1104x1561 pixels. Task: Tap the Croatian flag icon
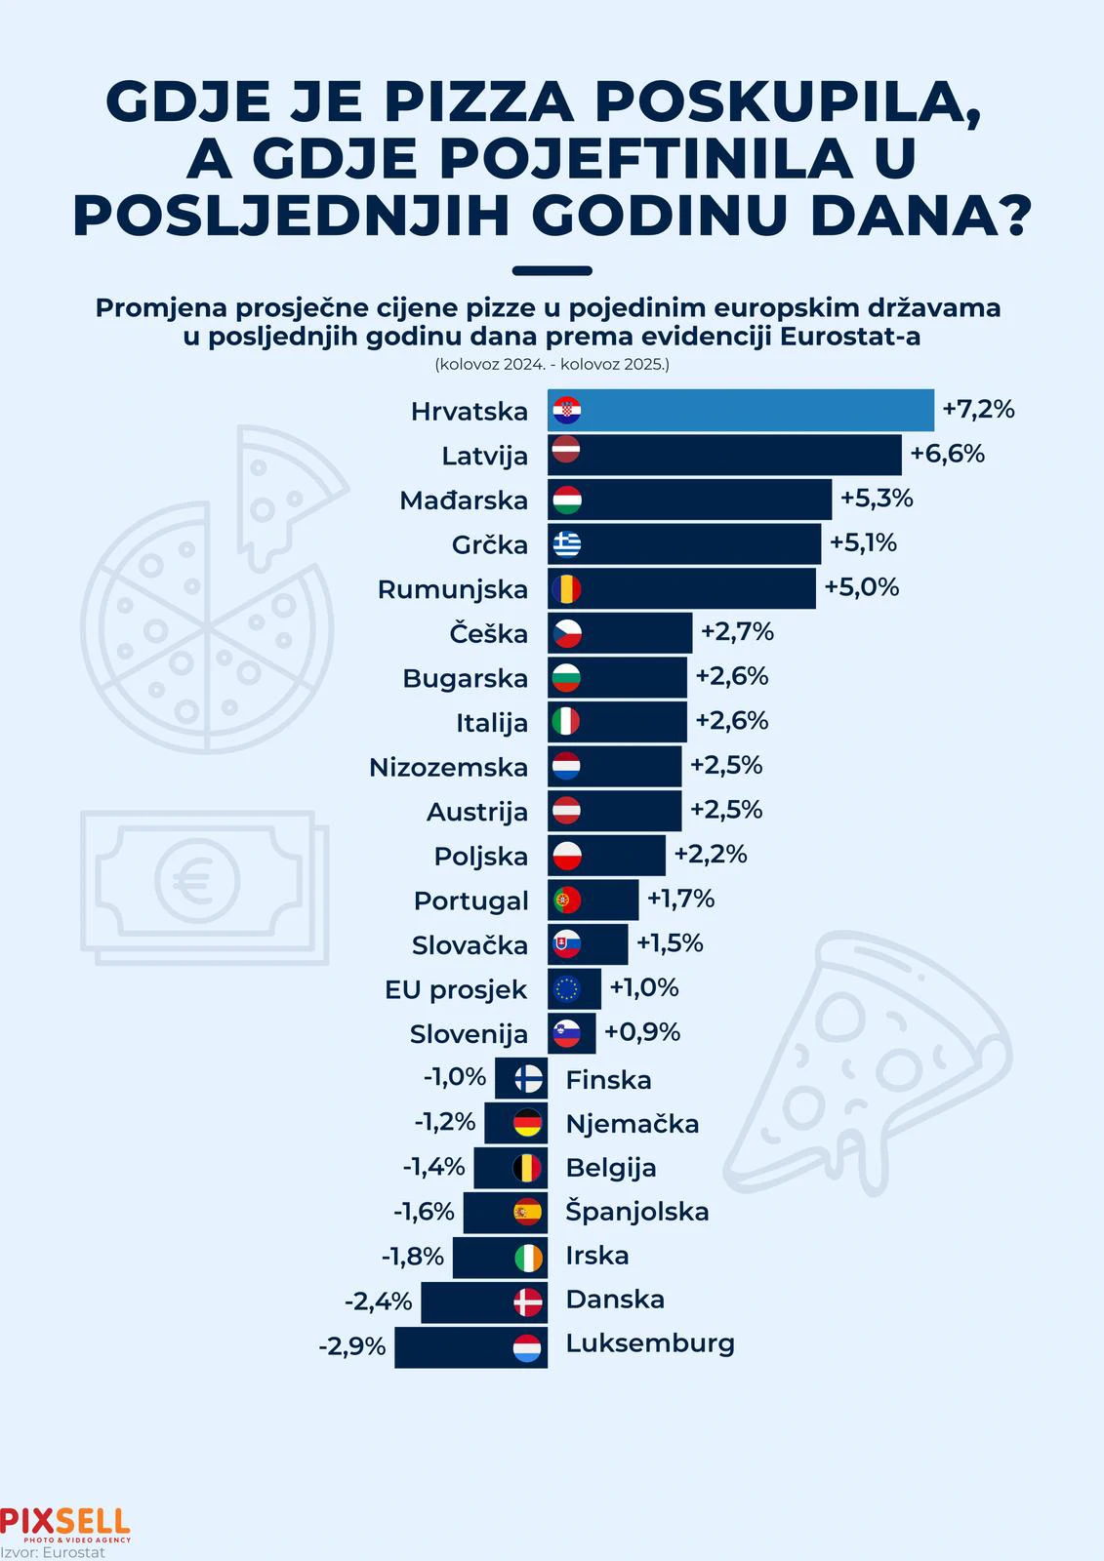(566, 411)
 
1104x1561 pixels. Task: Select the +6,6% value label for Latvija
(947, 454)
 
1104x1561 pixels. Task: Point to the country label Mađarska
(464, 500)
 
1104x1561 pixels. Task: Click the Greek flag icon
(566, 543)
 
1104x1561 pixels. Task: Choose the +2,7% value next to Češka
(737, 632)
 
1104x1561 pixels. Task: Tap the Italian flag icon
(566, 722)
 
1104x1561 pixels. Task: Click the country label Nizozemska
(448, 768)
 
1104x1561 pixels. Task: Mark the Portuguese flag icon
(566, 900)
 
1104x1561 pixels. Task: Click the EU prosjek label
(456, 990)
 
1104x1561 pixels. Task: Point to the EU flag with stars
(566, 989)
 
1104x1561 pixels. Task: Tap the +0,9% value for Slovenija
(641, 1032)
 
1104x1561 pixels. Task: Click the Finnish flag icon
(528, 1078)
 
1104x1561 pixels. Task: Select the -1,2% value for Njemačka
(444, 1122)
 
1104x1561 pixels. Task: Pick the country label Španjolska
(637, 1212)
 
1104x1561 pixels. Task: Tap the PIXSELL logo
(64, 1523)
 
